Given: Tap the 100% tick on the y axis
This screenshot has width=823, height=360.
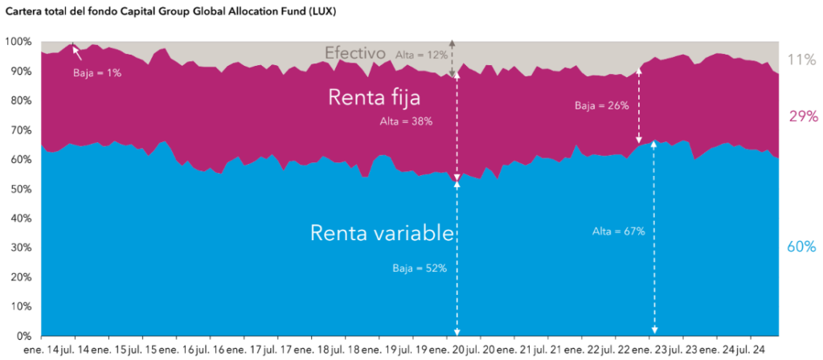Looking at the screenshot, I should click(x=18, y=42).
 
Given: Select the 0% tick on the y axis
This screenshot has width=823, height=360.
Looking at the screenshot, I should click(x=24, y=336).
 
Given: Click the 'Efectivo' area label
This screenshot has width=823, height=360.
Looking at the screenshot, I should click(x=355, y=54).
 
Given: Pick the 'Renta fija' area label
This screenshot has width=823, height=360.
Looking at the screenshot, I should click(x=375, y=97).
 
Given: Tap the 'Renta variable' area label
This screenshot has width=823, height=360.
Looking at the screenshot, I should click(x=383, y=233).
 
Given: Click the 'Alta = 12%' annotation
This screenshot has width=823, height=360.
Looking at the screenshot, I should click(x=422, y=55).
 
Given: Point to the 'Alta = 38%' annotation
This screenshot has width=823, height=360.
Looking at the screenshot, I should click(x=406, y=121).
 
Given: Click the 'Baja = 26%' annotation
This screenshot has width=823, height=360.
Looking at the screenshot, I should click(x=601, y=105).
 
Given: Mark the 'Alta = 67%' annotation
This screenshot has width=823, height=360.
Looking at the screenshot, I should click(x=619, y=231).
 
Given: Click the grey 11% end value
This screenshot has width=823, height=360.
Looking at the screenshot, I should click(x=801, y=58).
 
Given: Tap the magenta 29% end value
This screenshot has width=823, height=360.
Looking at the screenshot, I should click(x=802, y=117).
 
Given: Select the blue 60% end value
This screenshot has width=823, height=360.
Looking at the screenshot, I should click(x=801, y=247).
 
